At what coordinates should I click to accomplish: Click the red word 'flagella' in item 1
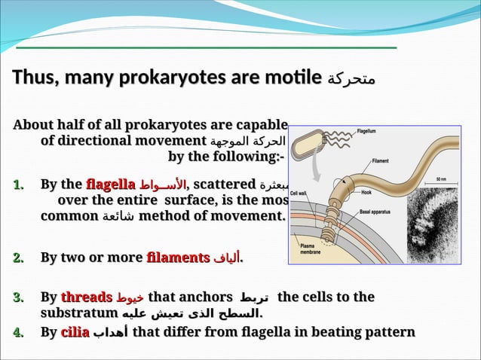[111, 184]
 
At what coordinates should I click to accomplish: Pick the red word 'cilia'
[75, 331]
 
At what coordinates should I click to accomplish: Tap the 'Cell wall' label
[303, 191]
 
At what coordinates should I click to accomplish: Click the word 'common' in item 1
[69, 216]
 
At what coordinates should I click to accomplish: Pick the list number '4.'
[20, 331]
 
